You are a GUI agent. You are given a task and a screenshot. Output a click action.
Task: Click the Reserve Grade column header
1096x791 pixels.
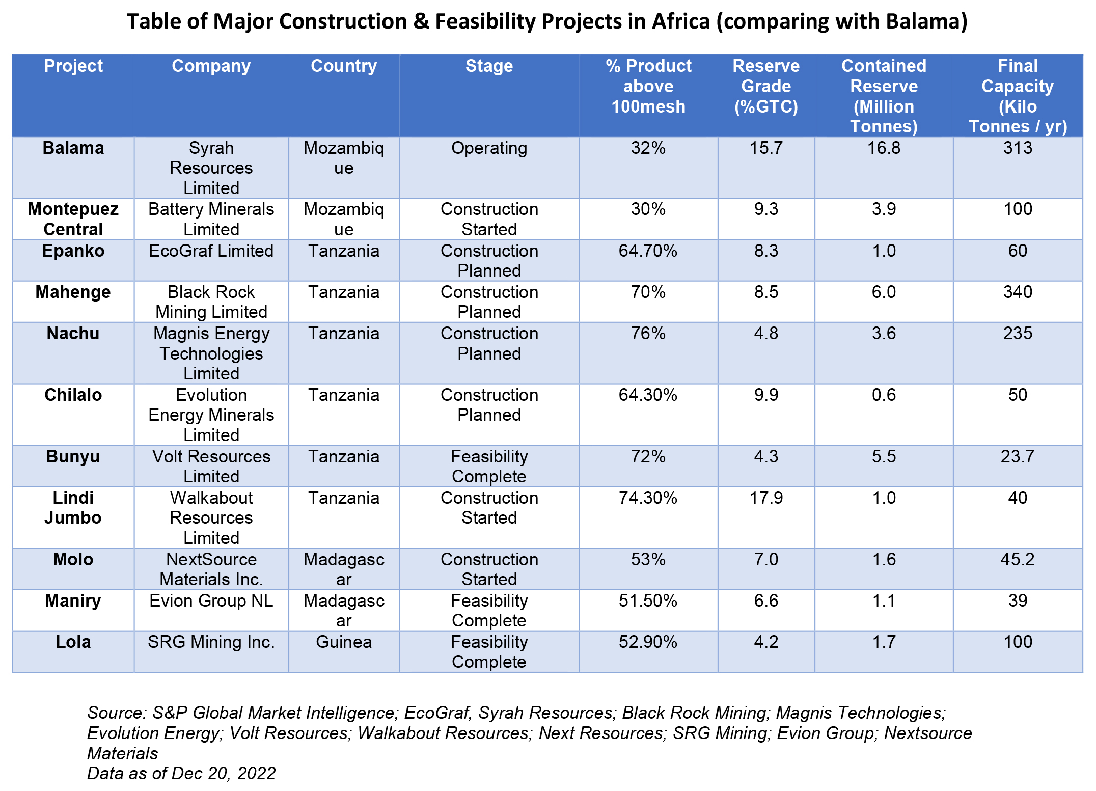pos(765,86)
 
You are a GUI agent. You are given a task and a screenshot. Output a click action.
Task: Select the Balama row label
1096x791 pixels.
pos(73,148)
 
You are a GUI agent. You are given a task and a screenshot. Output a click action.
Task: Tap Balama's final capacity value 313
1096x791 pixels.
pos(1017,148)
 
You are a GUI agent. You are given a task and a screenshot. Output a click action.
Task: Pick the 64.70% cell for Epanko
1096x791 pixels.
pos(648,251)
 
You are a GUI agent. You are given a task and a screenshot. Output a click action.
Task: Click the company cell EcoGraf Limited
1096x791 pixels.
pos(211,251)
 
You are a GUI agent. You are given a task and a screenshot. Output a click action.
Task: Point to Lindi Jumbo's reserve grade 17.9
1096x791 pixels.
pos(765,498)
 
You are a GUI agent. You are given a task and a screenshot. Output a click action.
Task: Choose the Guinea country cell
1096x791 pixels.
pos(344,642)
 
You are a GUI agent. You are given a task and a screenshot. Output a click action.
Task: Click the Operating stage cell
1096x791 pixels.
pos(489,148)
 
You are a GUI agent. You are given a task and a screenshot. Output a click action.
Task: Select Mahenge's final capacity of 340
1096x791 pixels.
pos(1017,292)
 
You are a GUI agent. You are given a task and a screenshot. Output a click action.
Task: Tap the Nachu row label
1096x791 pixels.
pos(73,334)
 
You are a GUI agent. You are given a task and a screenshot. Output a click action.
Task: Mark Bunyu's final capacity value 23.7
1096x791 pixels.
pos(1017,457)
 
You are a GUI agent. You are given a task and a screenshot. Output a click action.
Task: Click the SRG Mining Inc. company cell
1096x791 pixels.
pos(211,642)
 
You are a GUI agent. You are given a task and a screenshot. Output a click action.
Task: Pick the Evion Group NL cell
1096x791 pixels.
pos(211,601)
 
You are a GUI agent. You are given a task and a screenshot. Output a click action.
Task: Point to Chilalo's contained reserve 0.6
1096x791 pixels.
pos(884,395)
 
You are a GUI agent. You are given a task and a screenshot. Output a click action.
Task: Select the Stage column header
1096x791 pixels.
pos(489,66)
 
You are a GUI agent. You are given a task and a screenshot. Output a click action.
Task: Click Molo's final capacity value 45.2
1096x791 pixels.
pos(1017,560)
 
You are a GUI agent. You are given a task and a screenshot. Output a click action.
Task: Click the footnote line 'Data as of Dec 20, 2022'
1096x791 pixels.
pos(181,773)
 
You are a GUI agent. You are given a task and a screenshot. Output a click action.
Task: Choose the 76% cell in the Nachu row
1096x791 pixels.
pos(648,334)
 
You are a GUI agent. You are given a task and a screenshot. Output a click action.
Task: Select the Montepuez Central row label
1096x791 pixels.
pos(73,219)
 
